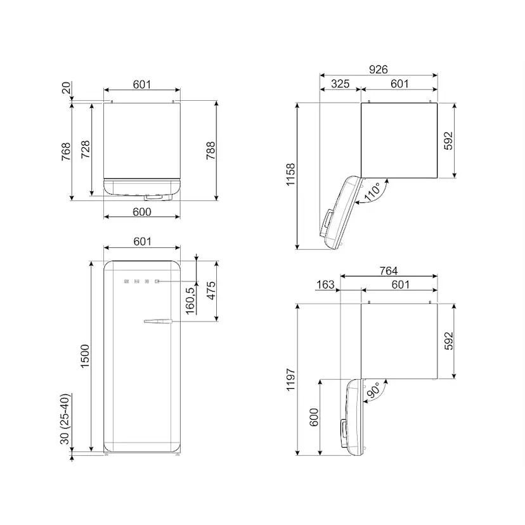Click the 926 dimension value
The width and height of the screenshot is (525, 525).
[x=379, y=70]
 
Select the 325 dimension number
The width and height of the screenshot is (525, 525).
[x=340, y=84]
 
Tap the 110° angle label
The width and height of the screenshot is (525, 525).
[x=372, y=192]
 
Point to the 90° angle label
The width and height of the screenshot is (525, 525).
[x=373, y=390]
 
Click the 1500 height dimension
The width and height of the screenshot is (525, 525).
[x=85, y=356]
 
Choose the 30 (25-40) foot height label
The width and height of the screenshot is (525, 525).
[x=65, y=419]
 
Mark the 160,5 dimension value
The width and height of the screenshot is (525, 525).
[x=190, y=301]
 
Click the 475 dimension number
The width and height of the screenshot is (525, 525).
[x=211, y=290]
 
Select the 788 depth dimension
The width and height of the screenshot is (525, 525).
[x=211, y=151]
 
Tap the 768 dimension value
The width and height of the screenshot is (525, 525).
[x=66, y=152]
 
